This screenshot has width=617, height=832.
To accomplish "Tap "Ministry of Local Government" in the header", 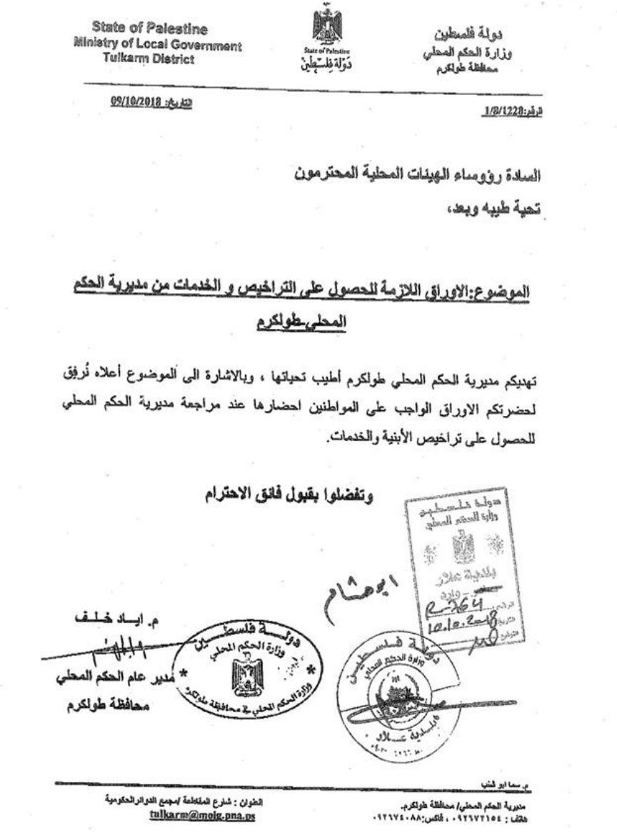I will coord(158,45).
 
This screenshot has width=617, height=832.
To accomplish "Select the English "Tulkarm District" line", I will coord(149,60).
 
